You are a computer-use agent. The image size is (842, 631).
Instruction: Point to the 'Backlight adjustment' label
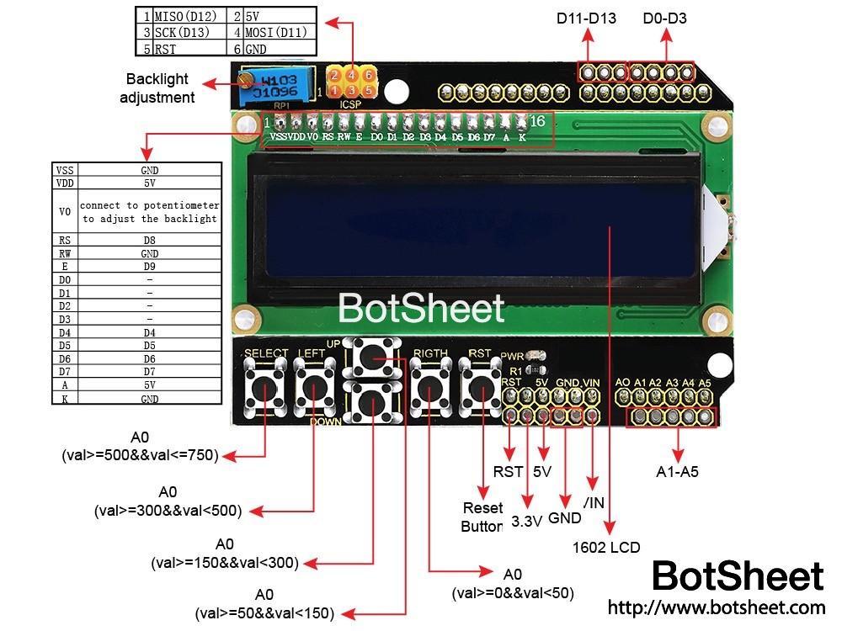(x=157, y=88)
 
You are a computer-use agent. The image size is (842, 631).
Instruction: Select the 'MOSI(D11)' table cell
(x=276, y=33)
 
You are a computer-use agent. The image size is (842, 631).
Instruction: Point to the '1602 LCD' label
(x=606, y=548)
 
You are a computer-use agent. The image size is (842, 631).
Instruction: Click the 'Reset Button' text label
(x=482, y=517)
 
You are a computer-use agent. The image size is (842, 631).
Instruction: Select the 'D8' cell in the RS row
(x=149, y=240)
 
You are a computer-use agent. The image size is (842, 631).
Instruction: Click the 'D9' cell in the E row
(x=149, y=266)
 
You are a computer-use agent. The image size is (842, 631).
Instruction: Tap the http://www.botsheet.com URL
(x=716, y=607)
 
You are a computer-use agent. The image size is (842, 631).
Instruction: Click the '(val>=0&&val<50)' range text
(x=512, y=592)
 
